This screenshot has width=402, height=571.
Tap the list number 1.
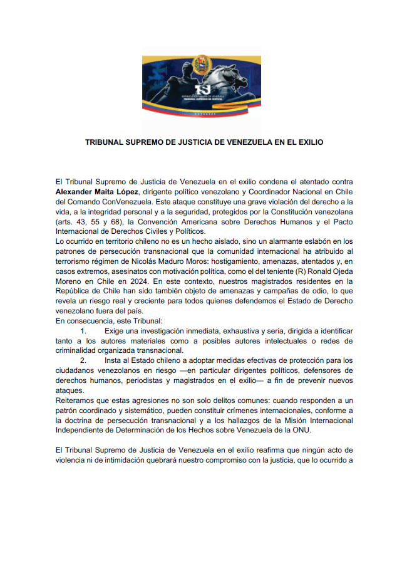tap(83, 331)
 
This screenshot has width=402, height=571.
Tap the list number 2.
tap(83, 360)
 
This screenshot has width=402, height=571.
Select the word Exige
tap(115, 331)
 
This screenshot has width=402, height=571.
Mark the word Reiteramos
tap(76, 401)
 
